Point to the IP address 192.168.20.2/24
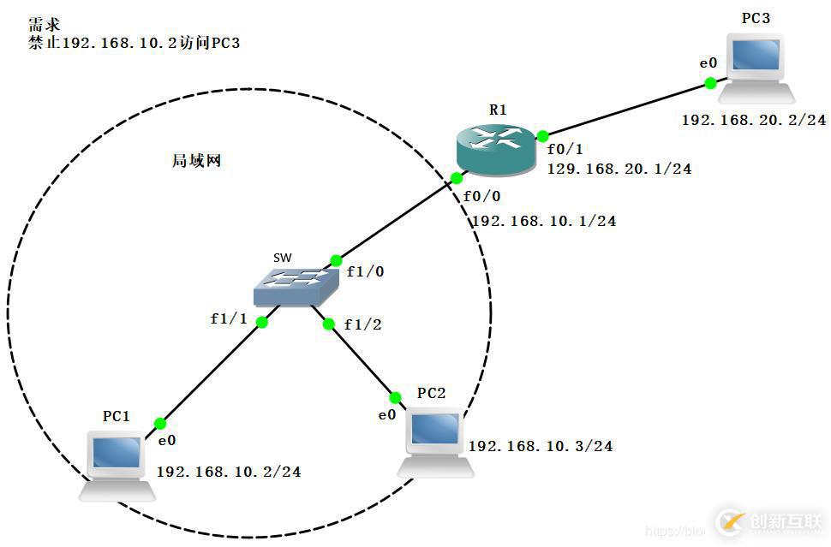coord(754,121)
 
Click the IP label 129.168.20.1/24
coord(619,169)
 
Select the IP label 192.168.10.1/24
coord(544,221)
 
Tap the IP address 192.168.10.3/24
coord(541,446)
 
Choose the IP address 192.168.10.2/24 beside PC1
coord(229,472)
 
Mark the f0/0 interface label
coord(481,196)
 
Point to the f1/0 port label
coord(365,272)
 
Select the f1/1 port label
coord(229,318)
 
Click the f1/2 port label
coord(363,324)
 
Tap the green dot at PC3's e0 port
coord(710,83)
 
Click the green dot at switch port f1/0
coord(336,260)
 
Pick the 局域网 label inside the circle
coord(197,160)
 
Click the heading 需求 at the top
coord(45,24)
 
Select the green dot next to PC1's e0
coord(160,423)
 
